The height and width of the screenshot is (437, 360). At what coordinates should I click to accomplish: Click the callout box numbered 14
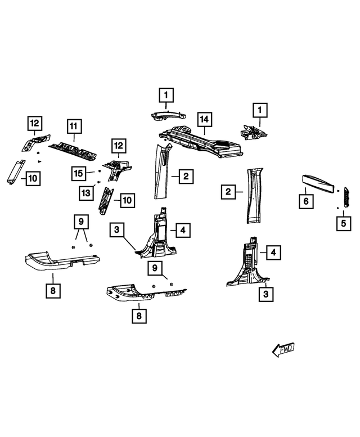coord(204,119)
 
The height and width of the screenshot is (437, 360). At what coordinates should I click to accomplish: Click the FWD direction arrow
coord(283,350)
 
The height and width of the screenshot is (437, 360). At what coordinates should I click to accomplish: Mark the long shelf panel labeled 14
coord(202,142)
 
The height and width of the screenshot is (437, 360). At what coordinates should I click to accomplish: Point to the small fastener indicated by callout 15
coord(98,170)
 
